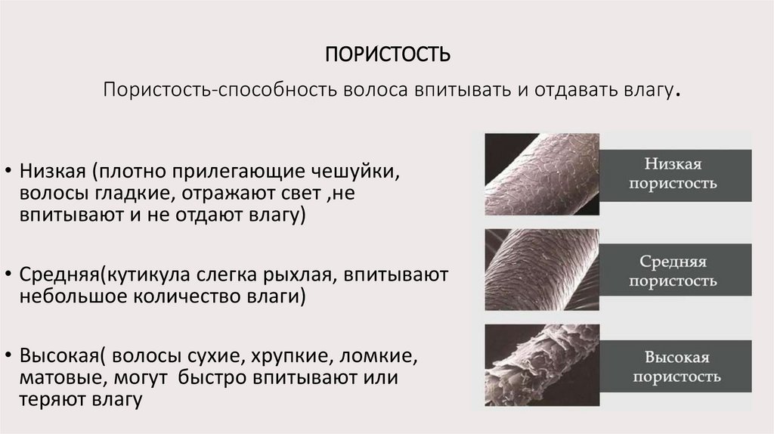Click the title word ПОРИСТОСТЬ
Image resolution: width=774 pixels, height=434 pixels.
coord(387,56)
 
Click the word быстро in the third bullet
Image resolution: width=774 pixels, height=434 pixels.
coord(217,377)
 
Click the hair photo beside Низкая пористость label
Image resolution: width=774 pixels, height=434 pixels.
coord(541,174)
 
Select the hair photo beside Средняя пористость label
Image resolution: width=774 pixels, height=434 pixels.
coord(541,270)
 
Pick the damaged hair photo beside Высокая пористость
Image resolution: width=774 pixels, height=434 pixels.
coord(541,366)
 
